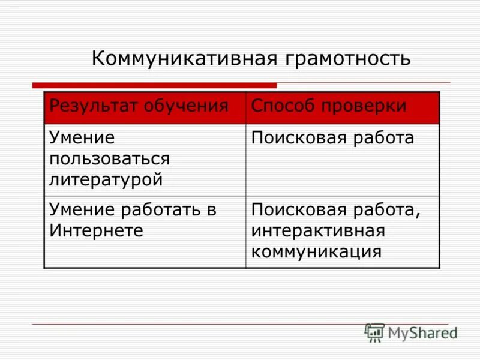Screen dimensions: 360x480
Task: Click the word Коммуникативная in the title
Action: coord(184,59)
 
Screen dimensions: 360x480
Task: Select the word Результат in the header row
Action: coord(94,106)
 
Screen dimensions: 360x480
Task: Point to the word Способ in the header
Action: coord(281,106)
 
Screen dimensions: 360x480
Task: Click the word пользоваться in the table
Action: coord(110,158)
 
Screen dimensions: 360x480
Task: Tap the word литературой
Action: coord(106,178)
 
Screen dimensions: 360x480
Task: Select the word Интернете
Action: coord(97,230)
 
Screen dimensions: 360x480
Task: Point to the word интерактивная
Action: coord(318,230)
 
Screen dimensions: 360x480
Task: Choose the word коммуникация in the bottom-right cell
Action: coord(317,251)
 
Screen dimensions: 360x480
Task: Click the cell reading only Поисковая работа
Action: coord(342,160)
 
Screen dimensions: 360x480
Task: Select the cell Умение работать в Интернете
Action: coord(144,231)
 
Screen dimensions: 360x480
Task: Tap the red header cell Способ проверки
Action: coord(342,107)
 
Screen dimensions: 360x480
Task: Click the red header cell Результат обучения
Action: coord(144,107)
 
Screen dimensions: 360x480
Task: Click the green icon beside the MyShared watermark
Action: coord(374,332)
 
